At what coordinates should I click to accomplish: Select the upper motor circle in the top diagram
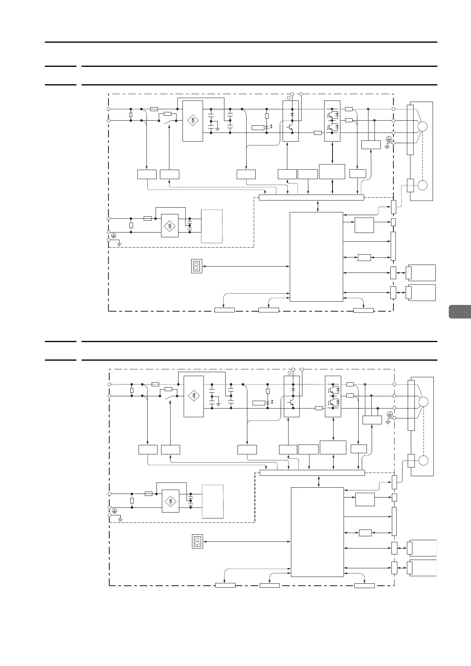click(422, 127)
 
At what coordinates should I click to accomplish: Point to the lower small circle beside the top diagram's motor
click(422, 185)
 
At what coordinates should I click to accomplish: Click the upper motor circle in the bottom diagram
click(423, 402)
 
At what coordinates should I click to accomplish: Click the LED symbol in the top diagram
click(267, 127)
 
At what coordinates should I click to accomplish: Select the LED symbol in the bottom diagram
click(268, 403)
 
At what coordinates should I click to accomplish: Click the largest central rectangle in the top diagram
click(316, 256)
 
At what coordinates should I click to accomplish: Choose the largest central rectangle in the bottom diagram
click(317, 532)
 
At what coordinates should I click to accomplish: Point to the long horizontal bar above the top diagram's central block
click(311, 197)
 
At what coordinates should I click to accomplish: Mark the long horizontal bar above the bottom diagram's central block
click(312, 473)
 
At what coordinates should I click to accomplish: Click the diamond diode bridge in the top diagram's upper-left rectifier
click(193, 120)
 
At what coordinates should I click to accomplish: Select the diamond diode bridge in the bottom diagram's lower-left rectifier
click(171, 501)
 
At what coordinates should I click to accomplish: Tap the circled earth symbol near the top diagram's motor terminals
click(389, 138)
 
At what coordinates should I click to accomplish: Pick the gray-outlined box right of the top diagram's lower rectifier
click(212, 226)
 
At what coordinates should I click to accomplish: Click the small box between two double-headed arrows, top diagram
click(364, 257)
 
